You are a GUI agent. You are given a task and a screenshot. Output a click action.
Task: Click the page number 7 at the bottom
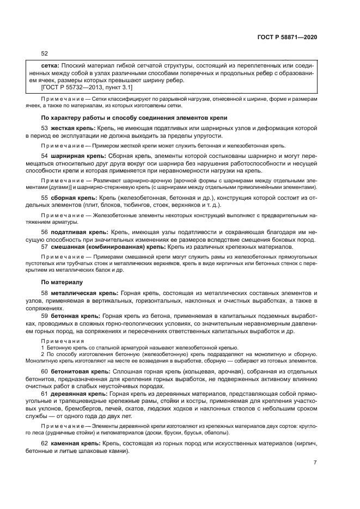(x=315, y=463)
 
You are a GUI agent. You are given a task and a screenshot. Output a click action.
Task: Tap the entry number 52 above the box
(x=45, y=53)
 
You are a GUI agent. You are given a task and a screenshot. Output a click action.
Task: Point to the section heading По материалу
(x=62, y=283)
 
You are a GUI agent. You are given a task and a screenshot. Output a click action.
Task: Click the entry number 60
(x=45, y=371)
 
